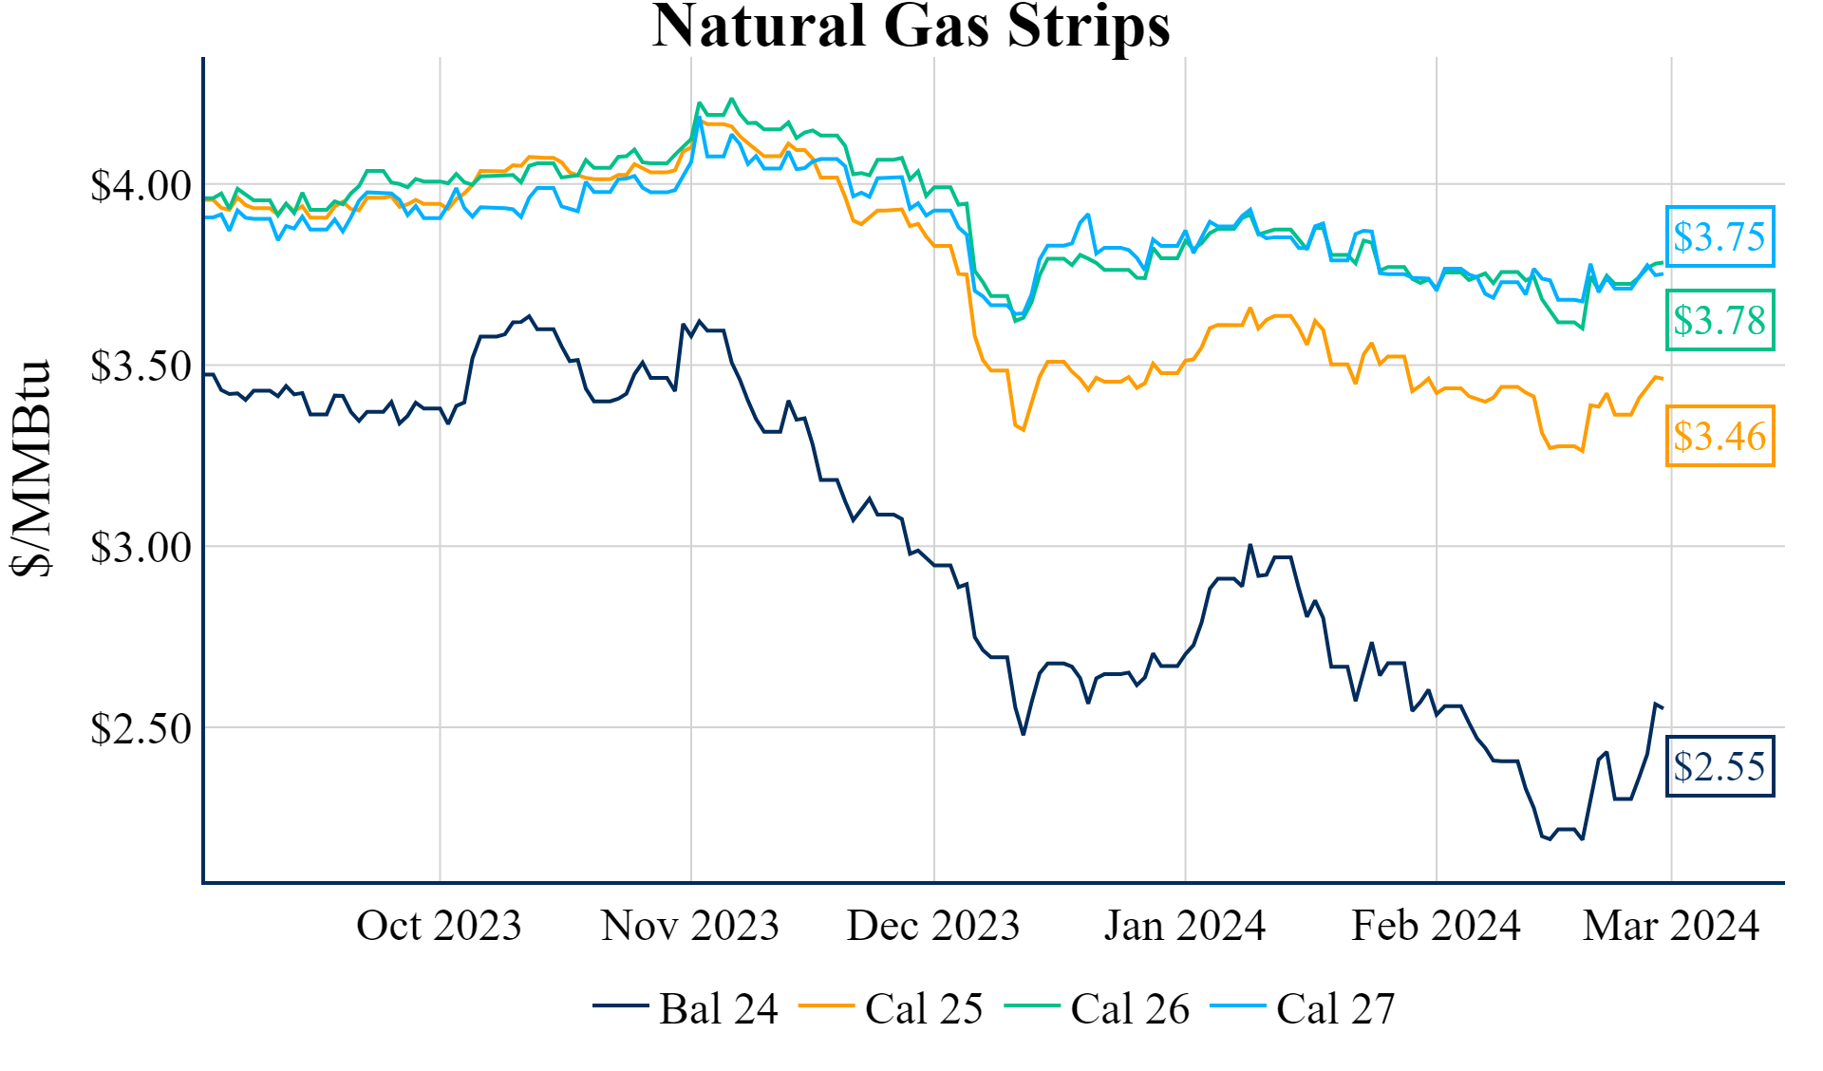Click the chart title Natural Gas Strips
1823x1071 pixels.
911,27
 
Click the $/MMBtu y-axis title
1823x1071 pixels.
30,467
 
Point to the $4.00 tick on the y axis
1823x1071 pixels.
141,185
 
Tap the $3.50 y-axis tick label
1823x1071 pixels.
141,366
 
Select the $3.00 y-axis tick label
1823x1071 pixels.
141,548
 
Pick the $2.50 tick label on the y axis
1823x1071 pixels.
141,729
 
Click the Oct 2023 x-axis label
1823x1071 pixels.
439,926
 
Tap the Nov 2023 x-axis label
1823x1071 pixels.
689,926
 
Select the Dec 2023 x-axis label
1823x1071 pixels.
933,926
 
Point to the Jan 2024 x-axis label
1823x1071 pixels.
1184,926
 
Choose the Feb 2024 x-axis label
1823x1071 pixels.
1436,926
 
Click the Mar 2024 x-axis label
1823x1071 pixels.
1671,926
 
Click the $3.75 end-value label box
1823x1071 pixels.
1720,236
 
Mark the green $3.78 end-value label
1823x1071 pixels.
1720,320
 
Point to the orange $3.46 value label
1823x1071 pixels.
1720,436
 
